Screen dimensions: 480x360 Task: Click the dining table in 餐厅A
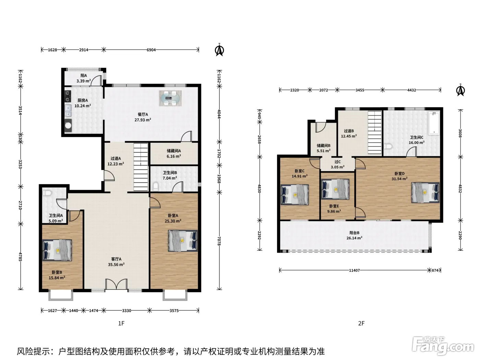170,98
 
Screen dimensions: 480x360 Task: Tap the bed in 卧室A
183,240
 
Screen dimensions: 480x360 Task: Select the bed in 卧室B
57,250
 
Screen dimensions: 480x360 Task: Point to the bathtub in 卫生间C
433,123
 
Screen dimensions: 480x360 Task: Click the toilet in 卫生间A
47,193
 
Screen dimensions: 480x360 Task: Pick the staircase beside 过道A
141,167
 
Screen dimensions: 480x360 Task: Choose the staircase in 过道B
375,132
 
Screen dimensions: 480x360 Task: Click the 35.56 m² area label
116,265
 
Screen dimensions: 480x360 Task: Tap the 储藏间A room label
174,151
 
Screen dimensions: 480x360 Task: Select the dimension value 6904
151,50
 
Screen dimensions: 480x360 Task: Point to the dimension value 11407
354,271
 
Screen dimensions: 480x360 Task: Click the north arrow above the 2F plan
460,90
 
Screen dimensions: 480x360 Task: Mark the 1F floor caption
121,323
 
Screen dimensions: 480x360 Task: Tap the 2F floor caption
361,323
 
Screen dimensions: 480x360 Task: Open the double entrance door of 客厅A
116,285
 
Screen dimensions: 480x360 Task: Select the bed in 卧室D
425,193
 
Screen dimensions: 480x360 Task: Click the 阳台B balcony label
354,233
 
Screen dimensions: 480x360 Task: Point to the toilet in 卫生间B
155,187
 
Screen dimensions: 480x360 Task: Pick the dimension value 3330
127,311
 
